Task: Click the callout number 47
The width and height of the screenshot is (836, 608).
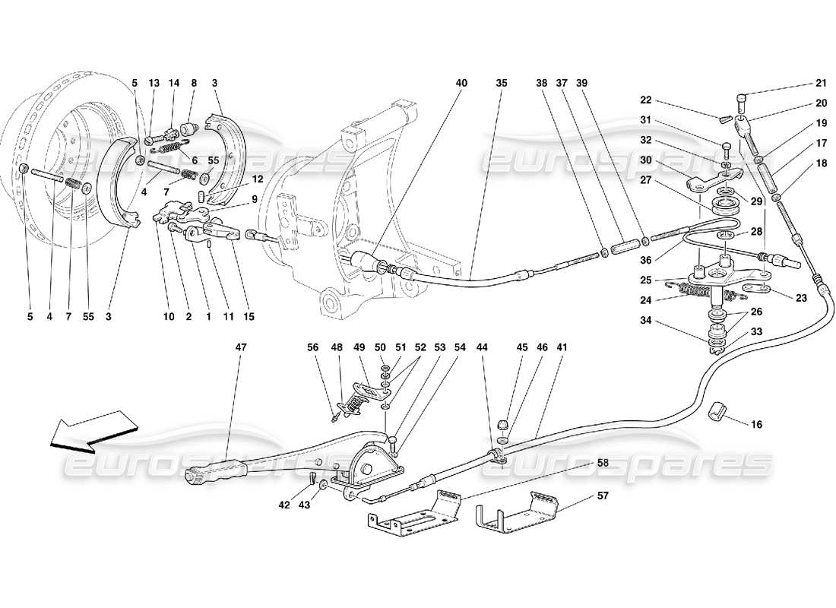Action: click(x=241, y=347)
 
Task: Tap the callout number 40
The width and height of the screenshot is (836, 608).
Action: click(x=463, y=83)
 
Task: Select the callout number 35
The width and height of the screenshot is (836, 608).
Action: click(x=501, y=83)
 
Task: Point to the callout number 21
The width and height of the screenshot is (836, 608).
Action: click(x=821, y=84)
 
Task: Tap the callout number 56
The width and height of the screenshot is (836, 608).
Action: click(x=313, y=347)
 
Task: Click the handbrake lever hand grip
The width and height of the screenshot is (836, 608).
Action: click(x=207, y=475)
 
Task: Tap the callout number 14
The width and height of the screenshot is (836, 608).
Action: click(x=173, y=83)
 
